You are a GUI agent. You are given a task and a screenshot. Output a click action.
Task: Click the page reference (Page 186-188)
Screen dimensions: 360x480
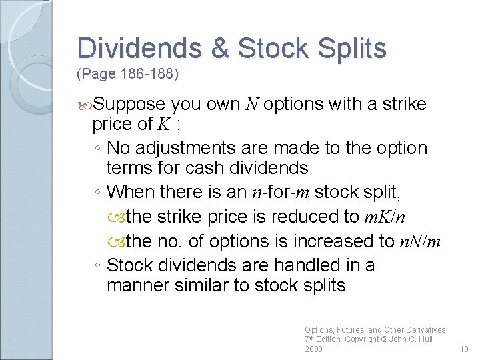pos(128,73)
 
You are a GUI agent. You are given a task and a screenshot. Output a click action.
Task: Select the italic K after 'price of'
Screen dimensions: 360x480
pos(163,124)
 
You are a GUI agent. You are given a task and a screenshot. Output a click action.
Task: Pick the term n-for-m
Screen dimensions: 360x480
pos(281,192)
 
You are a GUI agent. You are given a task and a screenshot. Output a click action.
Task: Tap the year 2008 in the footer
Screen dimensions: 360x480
pos(313,349)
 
